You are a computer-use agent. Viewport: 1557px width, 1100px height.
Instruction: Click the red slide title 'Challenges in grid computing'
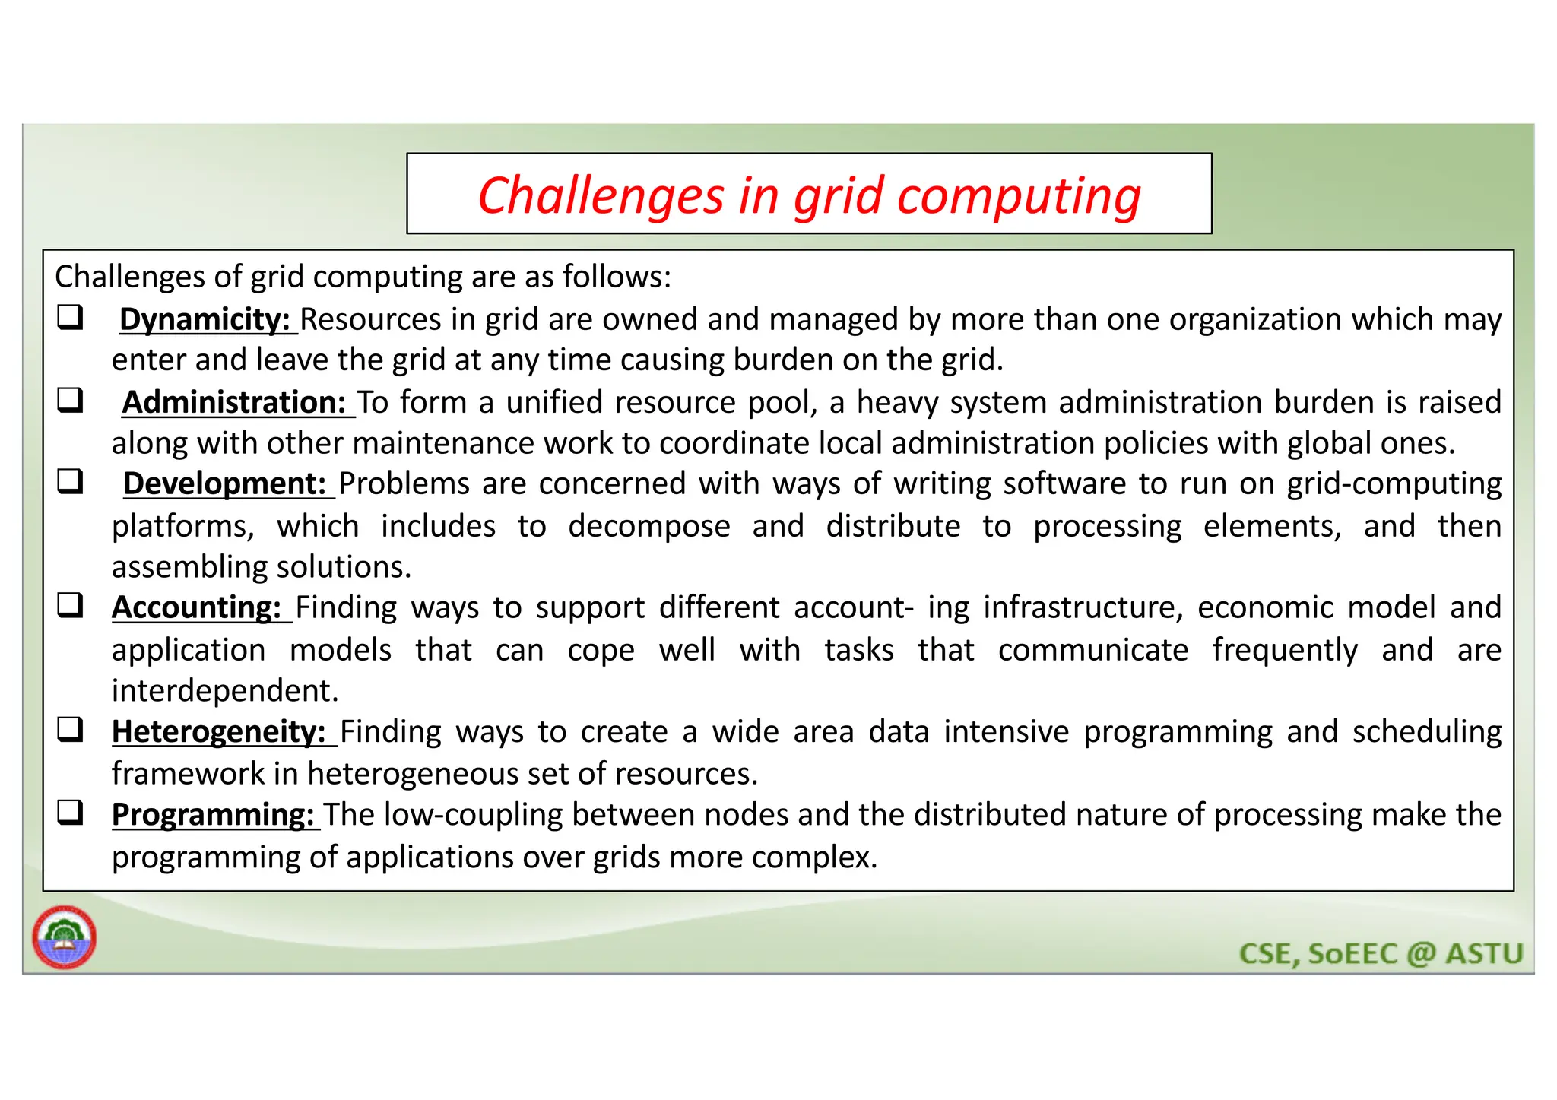tap(809, 195)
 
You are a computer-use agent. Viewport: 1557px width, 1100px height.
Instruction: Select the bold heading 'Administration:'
tap(234, 402)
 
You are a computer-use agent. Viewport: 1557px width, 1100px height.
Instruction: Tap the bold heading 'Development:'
tap(225, 483)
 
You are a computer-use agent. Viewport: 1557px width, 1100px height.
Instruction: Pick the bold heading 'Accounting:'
tap(197, 607)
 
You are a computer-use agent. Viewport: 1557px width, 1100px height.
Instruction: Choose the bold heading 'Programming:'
tap(213, 814)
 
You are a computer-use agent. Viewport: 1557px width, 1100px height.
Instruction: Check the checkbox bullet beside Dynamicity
tap(70, 317)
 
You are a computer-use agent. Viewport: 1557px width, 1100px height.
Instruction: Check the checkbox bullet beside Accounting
tap(70, 606)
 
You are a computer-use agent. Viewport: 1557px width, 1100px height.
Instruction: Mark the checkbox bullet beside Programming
tap(70, 813)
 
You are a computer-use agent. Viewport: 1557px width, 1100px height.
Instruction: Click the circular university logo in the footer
tap(65, 937)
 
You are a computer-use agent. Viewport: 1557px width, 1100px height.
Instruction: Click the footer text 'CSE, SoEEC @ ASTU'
tap(1381, 953)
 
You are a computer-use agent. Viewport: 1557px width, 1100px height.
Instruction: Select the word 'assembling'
tap(189, 567)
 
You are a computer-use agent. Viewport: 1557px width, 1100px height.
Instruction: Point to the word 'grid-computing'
tap(1394, 483)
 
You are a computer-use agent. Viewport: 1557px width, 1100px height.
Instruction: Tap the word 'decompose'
tap(648, 526)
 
